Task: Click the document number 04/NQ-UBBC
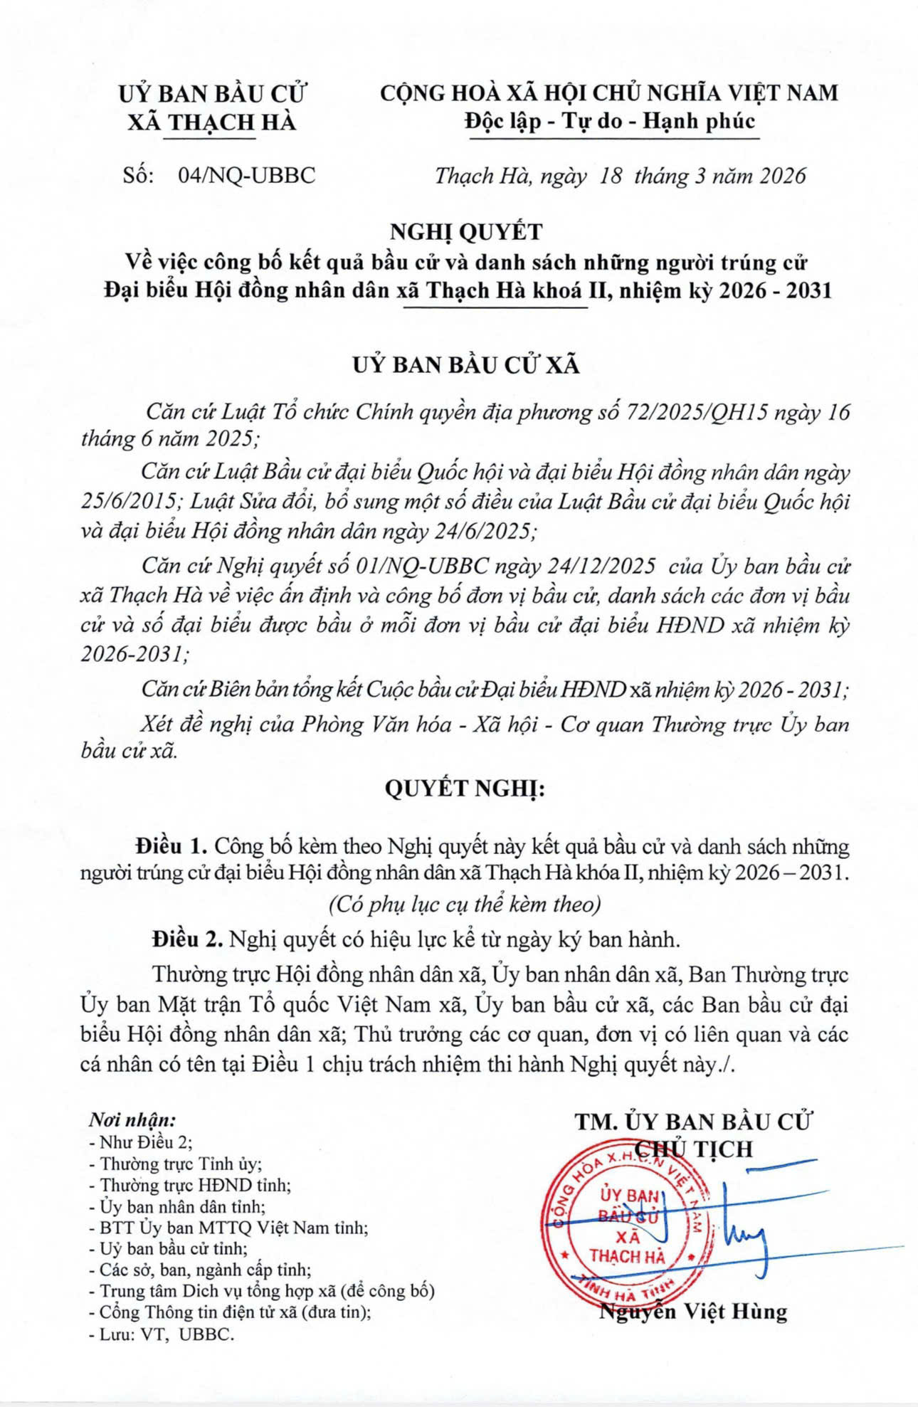pyautogui.click(x=247, y=176)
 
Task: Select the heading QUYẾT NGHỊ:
pyautogui.click(x=465, y=789)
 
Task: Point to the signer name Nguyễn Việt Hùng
pyautogui.click(x=693, y=1311)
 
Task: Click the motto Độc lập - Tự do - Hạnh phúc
pyautogui.click(x=609, y=121)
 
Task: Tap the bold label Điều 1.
pyautogui.click(x=172, y=846)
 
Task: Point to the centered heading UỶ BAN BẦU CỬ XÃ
pyautogui.click(x=466, y=365)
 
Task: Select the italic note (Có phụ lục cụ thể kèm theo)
pyautogui.click(x=465, y=905)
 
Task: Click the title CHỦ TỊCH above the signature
pyautogui.click(x=693, y=1149)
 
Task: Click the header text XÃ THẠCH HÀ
pyautogui.click(x=211, y=122)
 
